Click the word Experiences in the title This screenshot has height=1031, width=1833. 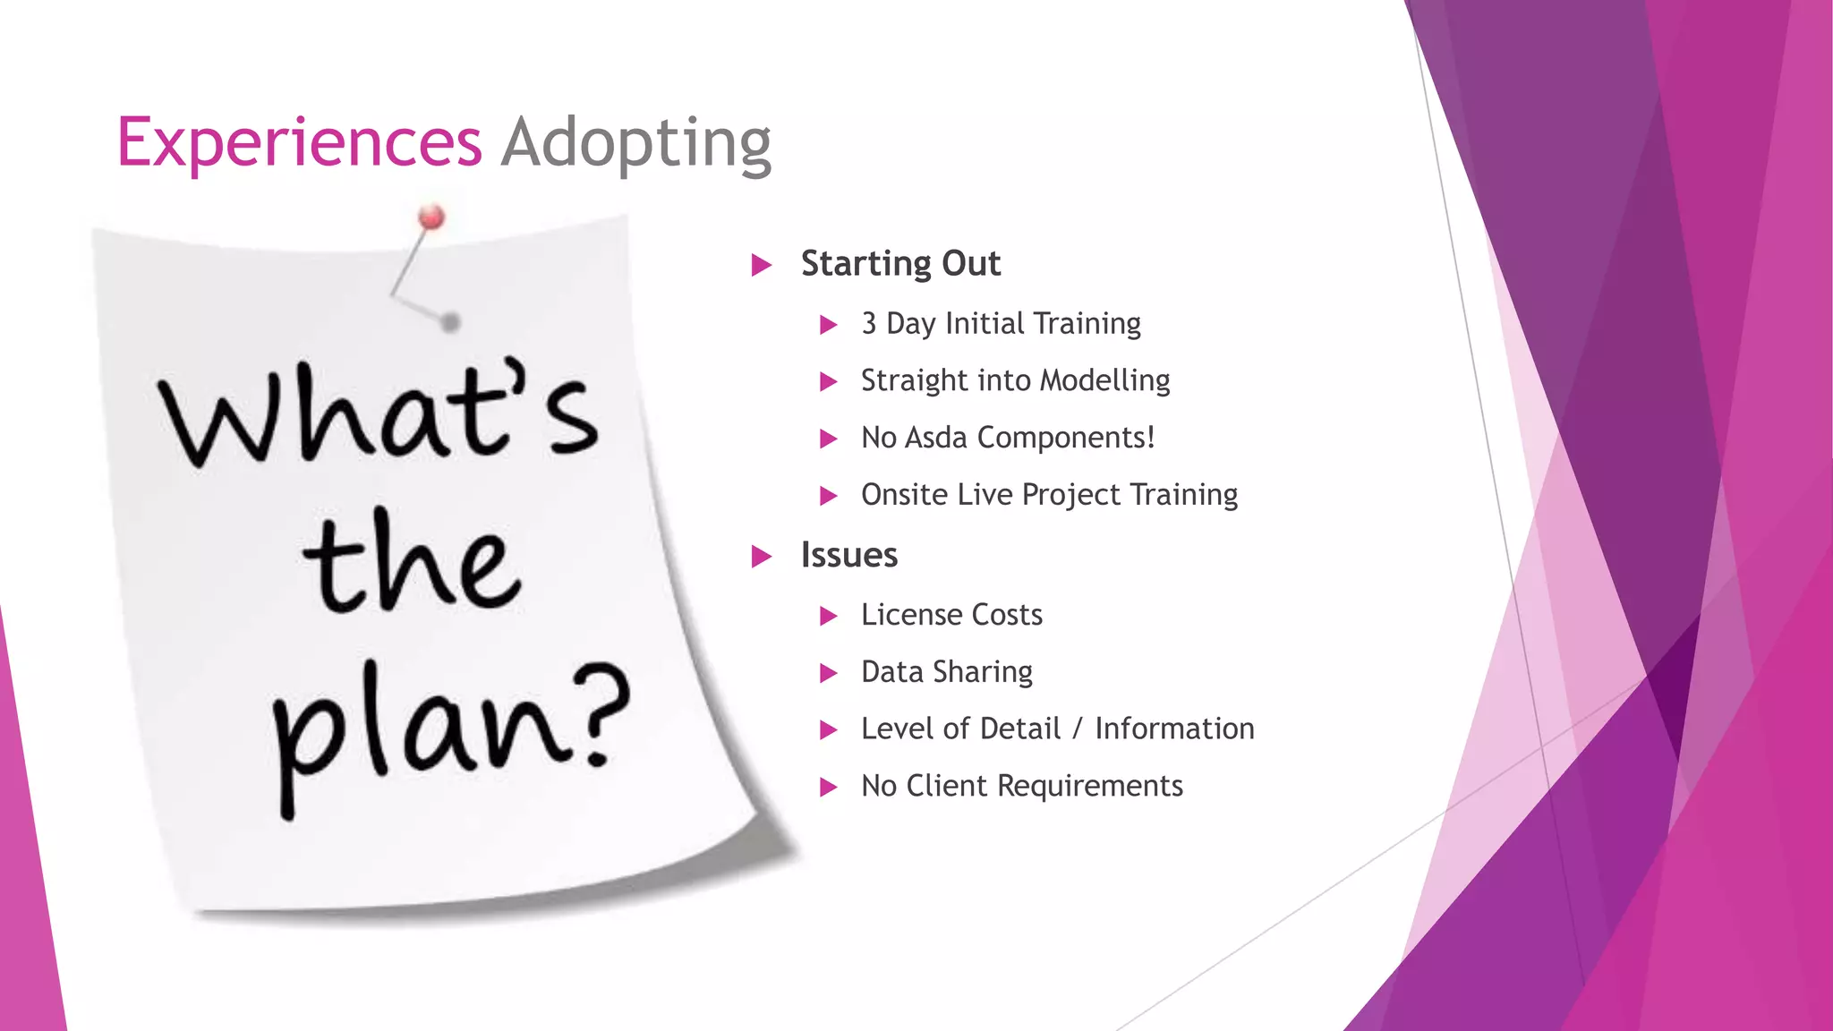299,143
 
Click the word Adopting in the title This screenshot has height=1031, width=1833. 635,143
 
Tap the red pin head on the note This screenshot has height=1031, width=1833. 431,217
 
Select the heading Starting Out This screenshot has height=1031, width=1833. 900,264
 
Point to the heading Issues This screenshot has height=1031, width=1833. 848,556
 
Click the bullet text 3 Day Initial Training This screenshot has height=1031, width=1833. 1001,324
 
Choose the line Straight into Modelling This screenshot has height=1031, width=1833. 1015,381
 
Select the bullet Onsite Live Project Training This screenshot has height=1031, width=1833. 1049,495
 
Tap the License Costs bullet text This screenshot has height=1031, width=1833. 951,615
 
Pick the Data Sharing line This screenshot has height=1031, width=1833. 946,672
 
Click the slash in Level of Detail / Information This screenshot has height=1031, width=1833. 1078,729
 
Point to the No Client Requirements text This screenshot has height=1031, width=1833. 1021,786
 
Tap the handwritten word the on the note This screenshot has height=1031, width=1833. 412,564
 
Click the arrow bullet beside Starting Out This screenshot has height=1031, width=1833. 761,265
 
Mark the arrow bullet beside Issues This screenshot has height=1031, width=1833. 761,557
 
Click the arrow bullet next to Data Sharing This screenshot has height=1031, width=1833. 828,673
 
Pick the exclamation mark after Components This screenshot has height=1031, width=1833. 1150,437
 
